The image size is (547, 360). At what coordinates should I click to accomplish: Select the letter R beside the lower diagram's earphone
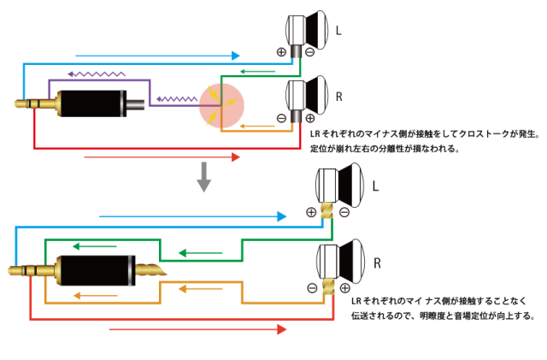(x=375, y=262)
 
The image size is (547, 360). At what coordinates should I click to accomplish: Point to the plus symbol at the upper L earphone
(x=280, y=51)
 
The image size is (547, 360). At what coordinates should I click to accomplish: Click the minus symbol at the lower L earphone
(x=344, y=212)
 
